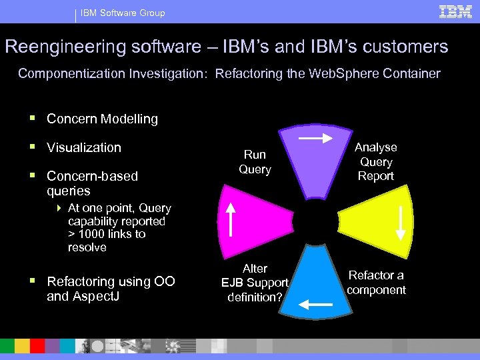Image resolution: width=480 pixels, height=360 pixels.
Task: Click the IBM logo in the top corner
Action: [456, 11]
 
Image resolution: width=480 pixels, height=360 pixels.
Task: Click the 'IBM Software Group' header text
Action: [123, 13]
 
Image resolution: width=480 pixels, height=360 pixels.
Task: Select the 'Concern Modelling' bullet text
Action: [102, 119]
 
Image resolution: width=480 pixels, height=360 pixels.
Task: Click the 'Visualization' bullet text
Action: [84, 147]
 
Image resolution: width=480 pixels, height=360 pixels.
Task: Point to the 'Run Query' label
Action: [255, 162]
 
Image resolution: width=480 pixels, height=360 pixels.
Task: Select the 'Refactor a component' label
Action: [376, 282]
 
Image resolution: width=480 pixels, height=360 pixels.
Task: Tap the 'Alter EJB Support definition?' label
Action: [255, 282]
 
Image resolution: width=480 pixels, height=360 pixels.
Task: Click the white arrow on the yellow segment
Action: [401, 222]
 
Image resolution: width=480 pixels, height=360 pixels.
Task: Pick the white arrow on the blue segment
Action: [315, 305]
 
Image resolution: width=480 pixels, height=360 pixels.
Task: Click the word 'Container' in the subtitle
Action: [411, 73]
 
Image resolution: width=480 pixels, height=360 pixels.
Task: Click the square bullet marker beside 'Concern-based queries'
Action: [32, 177]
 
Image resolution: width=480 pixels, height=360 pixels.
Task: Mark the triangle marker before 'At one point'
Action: [59, 208]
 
